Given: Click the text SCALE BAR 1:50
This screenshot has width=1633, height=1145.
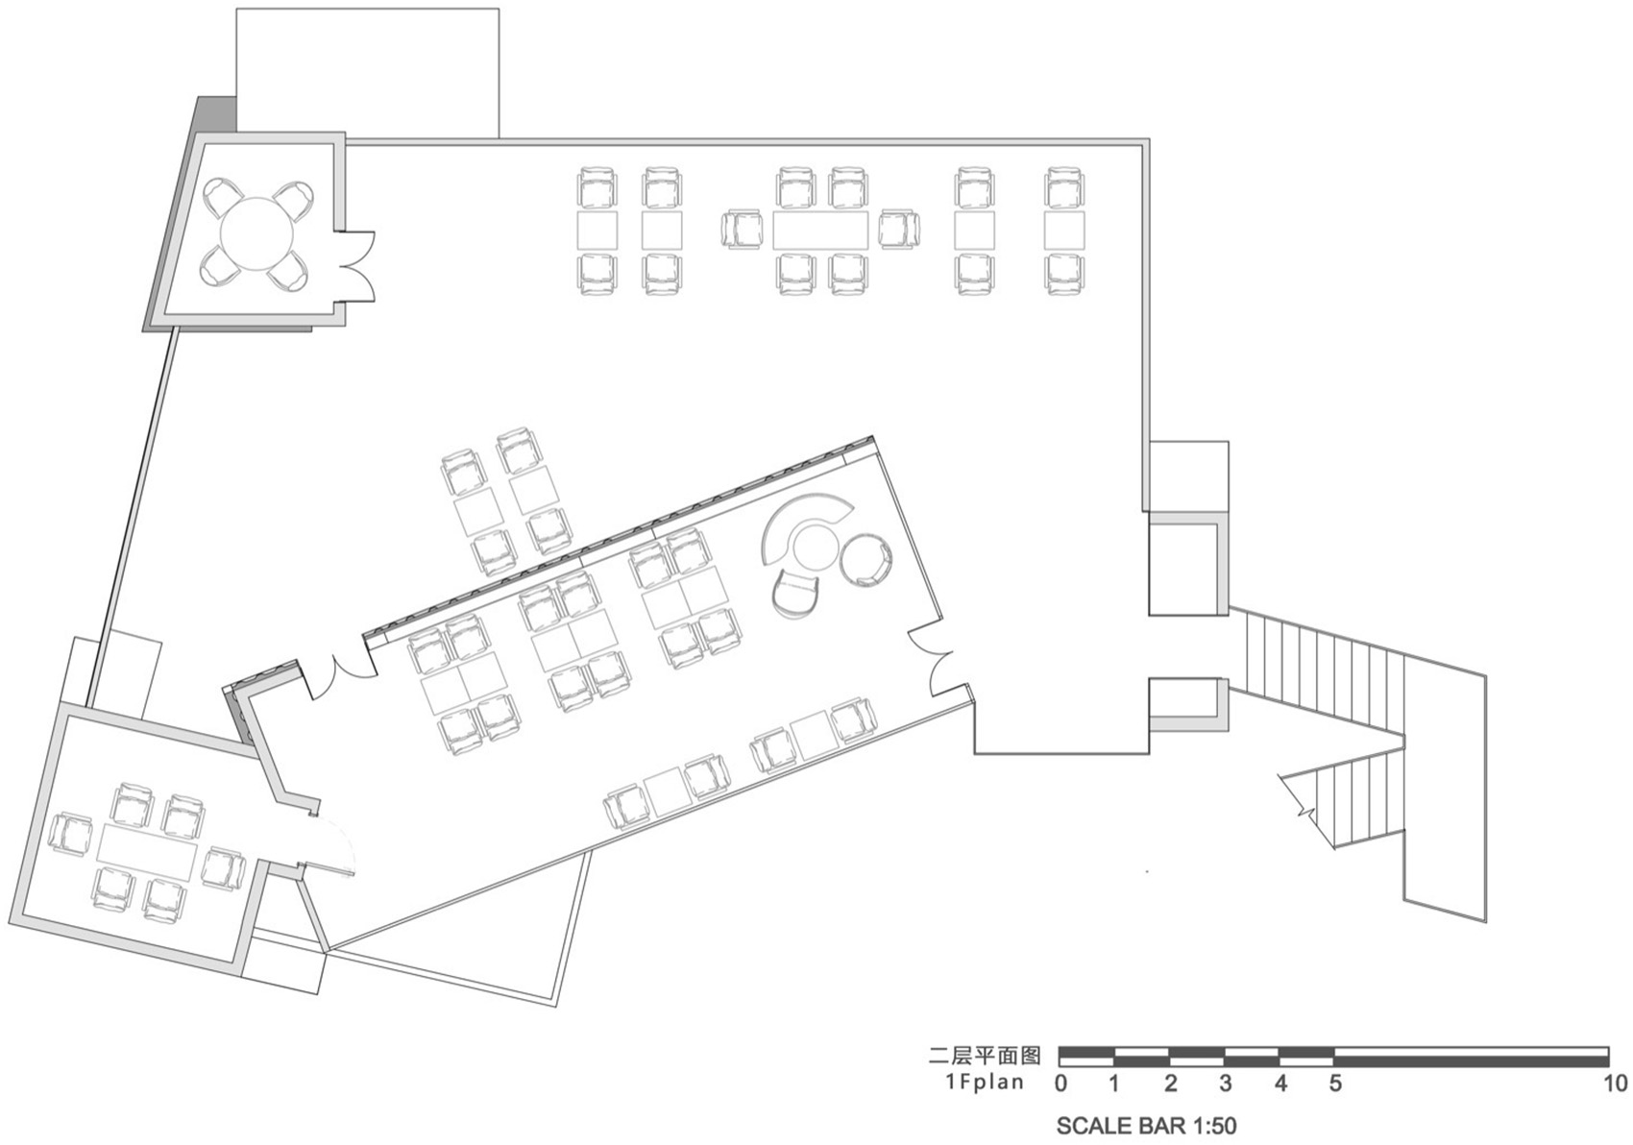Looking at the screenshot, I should coord(1146,1125).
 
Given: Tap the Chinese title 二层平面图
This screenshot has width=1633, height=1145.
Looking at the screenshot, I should coord(985,1057).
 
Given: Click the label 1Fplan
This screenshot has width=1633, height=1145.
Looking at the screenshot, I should coord(983,1084).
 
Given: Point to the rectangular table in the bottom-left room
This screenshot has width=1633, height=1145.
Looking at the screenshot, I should coord(147,848).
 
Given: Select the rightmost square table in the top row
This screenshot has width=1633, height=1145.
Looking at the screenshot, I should coord(1064,231).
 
